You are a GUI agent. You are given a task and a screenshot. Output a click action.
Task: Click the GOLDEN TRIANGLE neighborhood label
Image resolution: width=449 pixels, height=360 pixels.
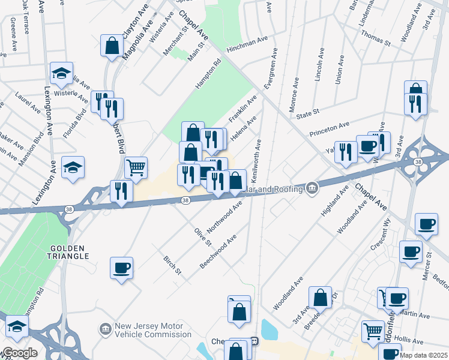70,252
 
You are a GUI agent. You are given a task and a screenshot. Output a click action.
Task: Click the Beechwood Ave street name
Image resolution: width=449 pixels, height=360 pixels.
218,251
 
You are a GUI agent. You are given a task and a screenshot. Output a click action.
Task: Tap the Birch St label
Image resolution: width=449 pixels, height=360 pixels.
172,265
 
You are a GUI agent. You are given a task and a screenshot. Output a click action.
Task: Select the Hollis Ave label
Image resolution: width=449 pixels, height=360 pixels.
411,340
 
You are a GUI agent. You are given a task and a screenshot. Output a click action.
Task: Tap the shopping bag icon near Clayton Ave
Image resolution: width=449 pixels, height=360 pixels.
112,46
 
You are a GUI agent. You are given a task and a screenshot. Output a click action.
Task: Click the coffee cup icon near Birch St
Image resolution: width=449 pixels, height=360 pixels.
121,268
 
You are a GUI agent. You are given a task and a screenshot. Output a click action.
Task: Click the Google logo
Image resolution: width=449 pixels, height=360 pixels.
19,353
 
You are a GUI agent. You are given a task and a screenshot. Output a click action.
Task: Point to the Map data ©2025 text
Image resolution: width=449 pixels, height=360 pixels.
423,355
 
